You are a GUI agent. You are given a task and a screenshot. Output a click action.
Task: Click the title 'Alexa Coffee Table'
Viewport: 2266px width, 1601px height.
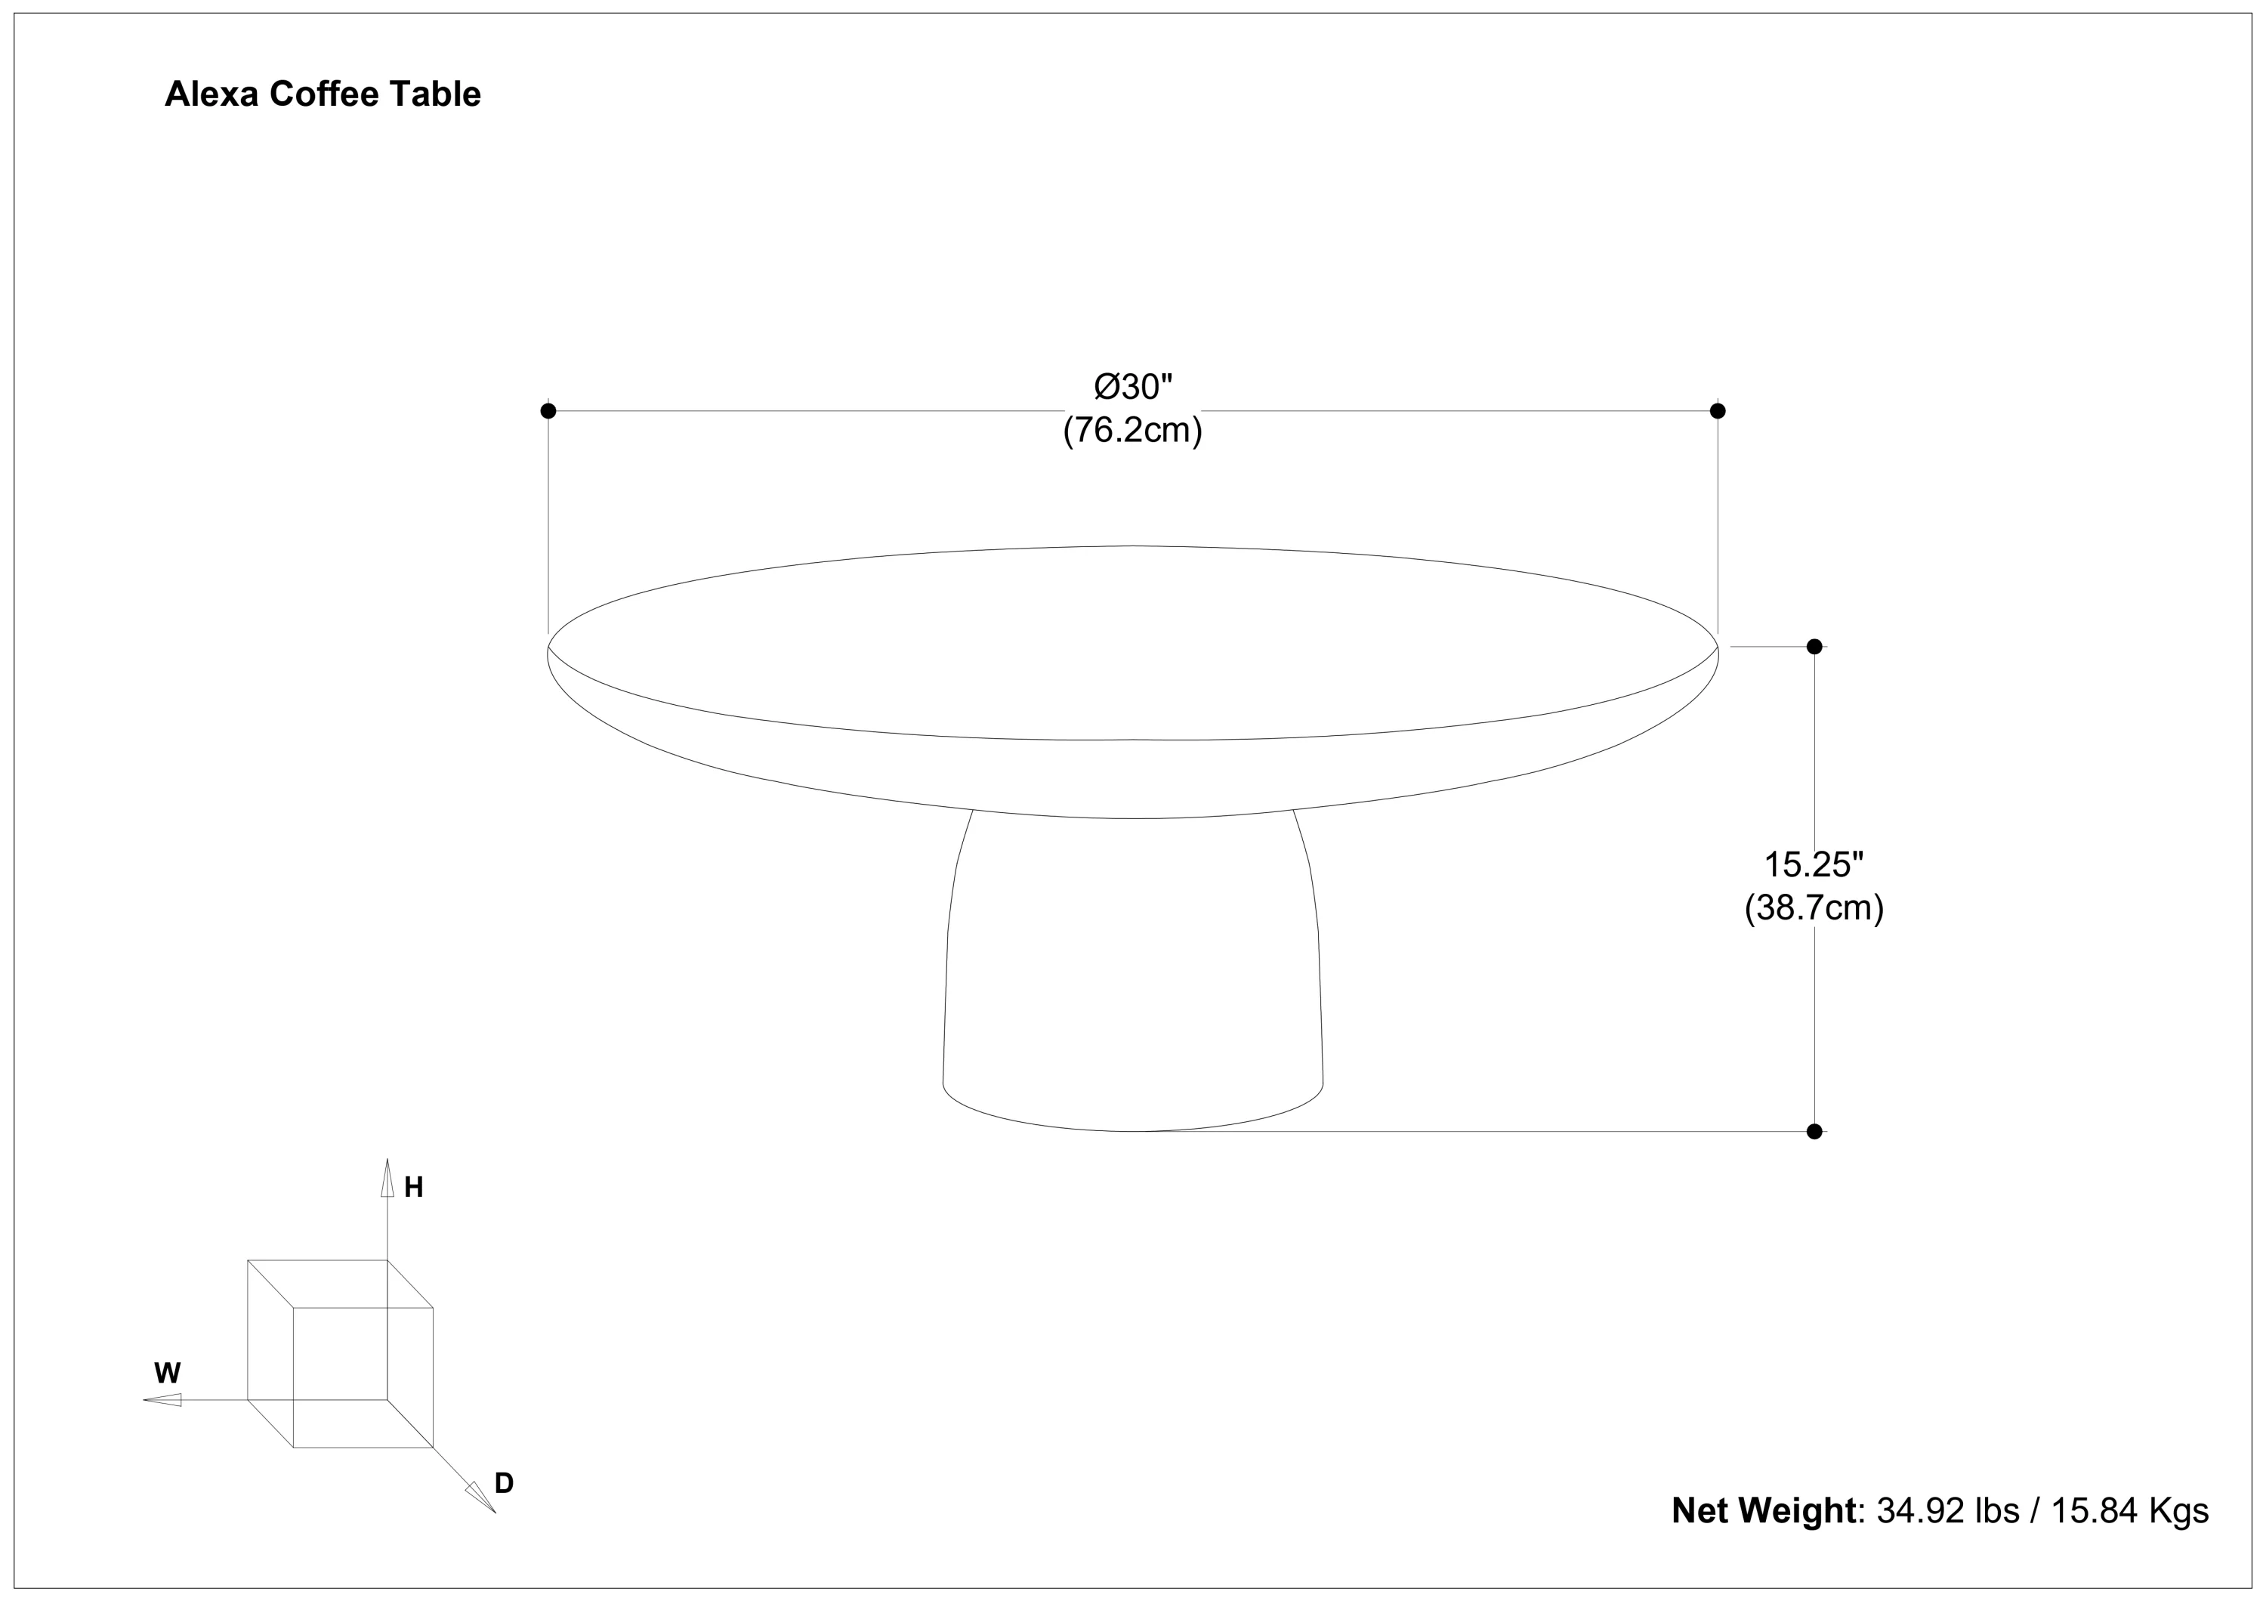(323, 94)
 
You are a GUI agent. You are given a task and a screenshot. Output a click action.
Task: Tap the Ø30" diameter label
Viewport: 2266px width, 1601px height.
(1133, 387)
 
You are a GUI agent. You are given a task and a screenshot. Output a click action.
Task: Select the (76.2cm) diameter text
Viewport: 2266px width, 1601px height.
(1133, 431)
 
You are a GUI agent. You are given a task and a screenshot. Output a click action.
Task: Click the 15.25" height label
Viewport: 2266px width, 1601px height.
(1814, 864)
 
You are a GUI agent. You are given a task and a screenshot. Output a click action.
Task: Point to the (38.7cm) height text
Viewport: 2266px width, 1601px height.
(1814, 907)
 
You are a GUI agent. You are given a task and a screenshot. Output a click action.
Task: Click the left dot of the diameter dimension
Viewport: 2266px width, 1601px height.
(548, 410)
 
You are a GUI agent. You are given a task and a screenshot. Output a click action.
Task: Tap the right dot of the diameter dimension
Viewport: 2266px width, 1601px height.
(1718, 410)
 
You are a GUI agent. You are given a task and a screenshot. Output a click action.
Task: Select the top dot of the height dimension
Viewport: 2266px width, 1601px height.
(1814, 647)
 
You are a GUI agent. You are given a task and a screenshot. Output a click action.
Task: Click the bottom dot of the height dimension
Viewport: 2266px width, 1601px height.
(1814, 1131)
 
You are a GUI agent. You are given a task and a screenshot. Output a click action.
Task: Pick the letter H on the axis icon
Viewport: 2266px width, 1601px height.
(413, 1188)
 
